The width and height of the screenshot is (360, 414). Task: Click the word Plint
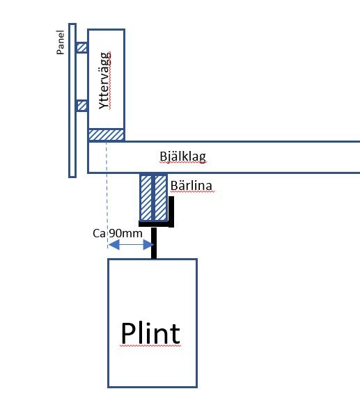point(150,333)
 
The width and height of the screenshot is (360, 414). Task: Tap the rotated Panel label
point(61,42)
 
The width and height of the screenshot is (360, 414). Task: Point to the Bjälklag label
point(182,157)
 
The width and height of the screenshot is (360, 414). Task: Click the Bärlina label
point(190,186)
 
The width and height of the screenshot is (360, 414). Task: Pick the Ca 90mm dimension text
point(118,234)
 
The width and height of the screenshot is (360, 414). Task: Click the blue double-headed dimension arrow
point(130,245)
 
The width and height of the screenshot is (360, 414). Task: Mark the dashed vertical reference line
point(106,195)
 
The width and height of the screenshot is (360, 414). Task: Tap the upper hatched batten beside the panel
point(81,47)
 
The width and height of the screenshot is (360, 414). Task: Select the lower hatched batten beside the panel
point(81,106)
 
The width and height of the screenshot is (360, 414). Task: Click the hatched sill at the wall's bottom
point(106,134)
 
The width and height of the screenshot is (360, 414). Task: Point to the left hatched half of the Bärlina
point(146,196)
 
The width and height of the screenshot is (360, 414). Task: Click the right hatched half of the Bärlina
point(160,196)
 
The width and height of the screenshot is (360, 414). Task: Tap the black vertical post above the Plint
point(154,242)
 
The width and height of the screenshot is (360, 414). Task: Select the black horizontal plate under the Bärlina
point(155,223)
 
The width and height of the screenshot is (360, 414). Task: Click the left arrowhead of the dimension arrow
point(111,245)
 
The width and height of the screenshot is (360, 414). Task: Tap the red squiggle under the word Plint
point(150,347)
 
